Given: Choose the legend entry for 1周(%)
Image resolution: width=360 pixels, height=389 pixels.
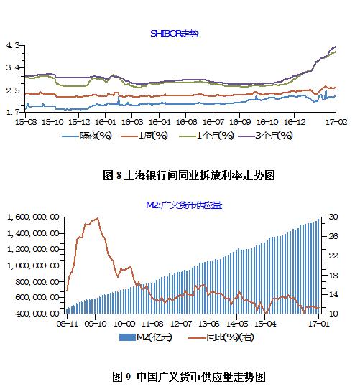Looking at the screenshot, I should [150, 135].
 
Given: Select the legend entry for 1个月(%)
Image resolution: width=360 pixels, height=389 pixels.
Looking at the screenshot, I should [212, 135].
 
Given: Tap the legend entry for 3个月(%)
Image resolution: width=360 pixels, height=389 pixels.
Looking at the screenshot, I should [273, 135].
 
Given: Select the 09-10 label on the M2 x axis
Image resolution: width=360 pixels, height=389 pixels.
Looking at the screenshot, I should [96, 324].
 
